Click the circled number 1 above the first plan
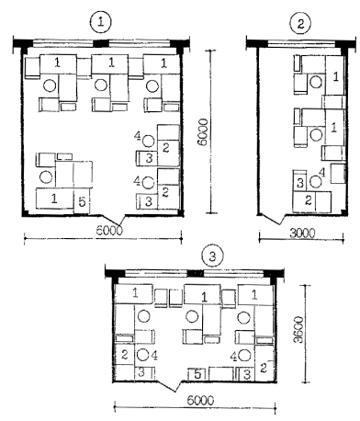click(x=101, y=22)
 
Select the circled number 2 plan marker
click(x=300, y=24)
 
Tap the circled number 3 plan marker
click(x=212, y=256)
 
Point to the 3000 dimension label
click(x=302, y=233)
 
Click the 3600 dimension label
click(x=298, y=329)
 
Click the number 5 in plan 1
click(x=82, y=202)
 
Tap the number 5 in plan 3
click(x=197, y=374)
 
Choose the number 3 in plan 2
click(x=300, y=183)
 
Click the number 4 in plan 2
click(x=322, y=172)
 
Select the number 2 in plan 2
click(x=309, y=200)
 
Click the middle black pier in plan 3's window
click(x=196, y=274)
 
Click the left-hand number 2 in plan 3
click(x=125, y=355)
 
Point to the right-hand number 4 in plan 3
click(x=234, y=357)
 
